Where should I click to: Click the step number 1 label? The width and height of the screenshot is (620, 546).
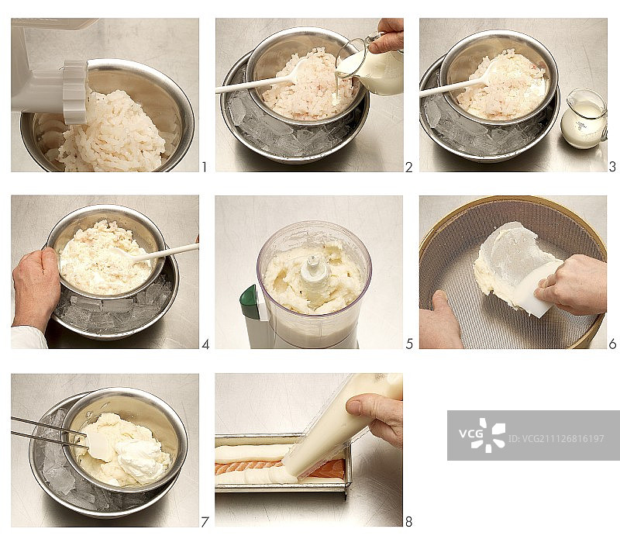pyautogui.click(x=204, y=167)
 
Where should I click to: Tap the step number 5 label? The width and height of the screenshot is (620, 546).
pyautogui.click(x=409, y=344)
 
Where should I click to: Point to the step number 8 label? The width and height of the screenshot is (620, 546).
pyautogui.click(x=409, y=522)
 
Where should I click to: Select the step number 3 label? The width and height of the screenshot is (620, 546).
pyautogui.click(x=612, y=167)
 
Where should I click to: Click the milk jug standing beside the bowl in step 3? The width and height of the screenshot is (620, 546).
pyautogui.click(x=584, y=119)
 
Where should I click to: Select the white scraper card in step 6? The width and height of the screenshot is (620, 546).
pyautogui.click(x=539, y=288)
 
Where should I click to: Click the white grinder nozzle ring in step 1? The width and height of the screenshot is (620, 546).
pyautogui.click(x=75, y=92)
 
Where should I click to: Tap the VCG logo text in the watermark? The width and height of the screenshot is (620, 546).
pyautogui.click(x=470, y=434)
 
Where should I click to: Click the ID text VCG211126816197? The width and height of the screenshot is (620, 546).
pyautogui.click(x=556, y=438)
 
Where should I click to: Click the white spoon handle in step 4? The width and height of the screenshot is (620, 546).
pyautogui.click(x=166, y=252)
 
